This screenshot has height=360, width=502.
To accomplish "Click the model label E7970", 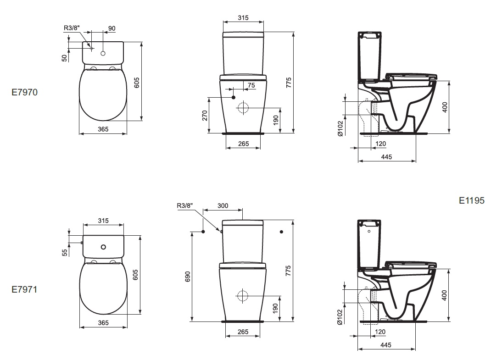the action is click(x=25, y=92).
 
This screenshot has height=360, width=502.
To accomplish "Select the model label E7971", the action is click(x=24, y=289).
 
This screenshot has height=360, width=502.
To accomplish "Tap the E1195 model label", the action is click(x=472, y=200).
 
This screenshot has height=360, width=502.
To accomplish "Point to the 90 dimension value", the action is click(x=112, y=28).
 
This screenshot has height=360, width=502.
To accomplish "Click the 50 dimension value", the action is click(x=65, y=58).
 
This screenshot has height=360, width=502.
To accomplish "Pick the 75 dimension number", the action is click(x=251, y=85).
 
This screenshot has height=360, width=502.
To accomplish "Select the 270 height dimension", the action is click(x=205, y=115).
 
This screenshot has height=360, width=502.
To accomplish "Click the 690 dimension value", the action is click(x=188, y=277).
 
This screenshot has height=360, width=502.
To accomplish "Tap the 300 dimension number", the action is click(x=223, y=206).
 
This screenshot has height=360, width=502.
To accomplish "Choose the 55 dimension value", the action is click(x=65, y=253).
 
